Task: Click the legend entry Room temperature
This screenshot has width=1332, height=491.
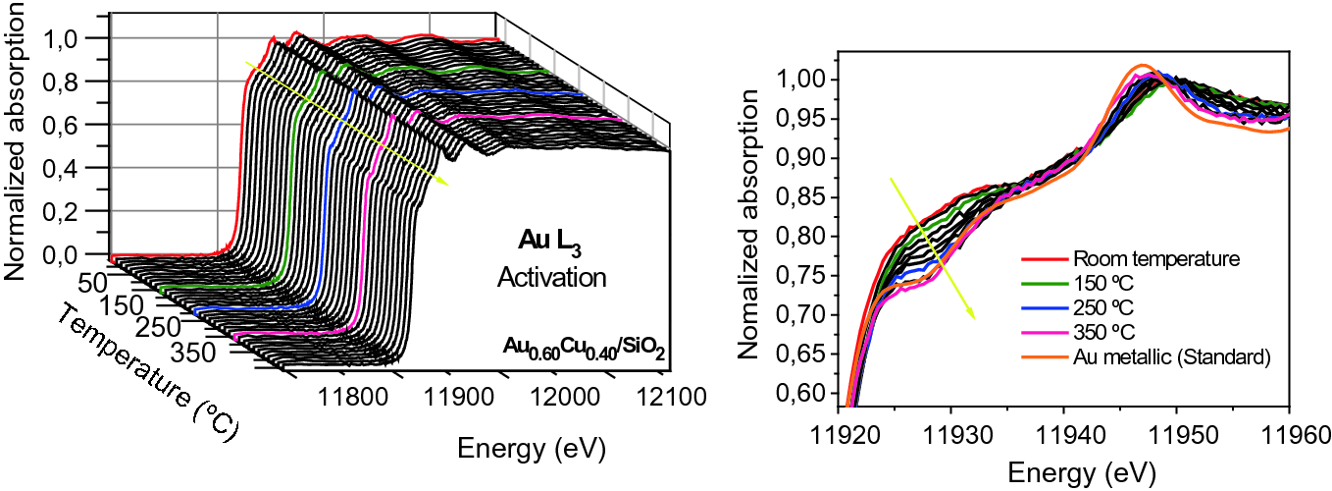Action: (1143, 260)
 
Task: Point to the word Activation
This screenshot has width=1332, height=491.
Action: (551, 278)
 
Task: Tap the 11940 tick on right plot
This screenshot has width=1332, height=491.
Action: (1064, 434)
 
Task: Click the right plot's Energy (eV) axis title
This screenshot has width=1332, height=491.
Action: (1063, 471)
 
